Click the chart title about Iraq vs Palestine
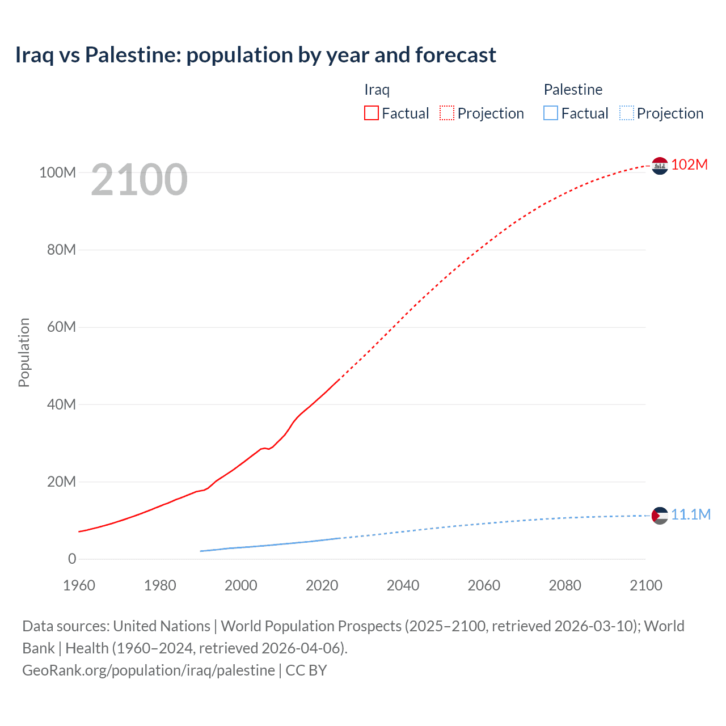[x=255, y=55]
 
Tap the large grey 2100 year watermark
[x=139, y=180]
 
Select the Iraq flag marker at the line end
[x=660, y=166]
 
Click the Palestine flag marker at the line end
[x=660, y=516]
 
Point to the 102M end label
[x=689, y=165]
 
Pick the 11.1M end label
[x=690, y=514]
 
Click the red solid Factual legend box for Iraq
[x=371, y=113]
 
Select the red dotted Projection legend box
[x=447, y=113]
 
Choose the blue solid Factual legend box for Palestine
[x=551, y=113]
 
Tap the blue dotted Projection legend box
[x=627, y=113]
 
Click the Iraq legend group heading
[x=377, y=90]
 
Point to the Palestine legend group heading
[x=573, y=90]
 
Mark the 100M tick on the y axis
[x=57, y=172]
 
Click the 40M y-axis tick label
[x=61, y=404]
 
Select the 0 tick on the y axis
[x=72, y=559]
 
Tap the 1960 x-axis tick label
[x=79, y=585]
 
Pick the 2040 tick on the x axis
[x=403, y=585]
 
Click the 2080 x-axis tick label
[x=565, y=585]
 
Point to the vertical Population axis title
[x=24, y=352]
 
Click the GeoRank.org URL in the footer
[x=149, y=670]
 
